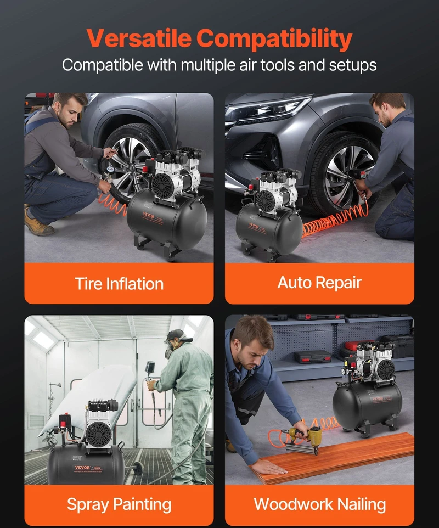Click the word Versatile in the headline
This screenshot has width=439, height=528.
tap(139, 38)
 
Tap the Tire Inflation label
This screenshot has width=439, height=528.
tap(119, 284)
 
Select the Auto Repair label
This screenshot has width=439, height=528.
tap(319, 283)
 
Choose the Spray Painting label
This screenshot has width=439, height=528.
tap(119, 504)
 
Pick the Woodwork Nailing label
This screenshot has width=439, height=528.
tap(320, 504)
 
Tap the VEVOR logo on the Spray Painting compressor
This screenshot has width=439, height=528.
tap(82, 468)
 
